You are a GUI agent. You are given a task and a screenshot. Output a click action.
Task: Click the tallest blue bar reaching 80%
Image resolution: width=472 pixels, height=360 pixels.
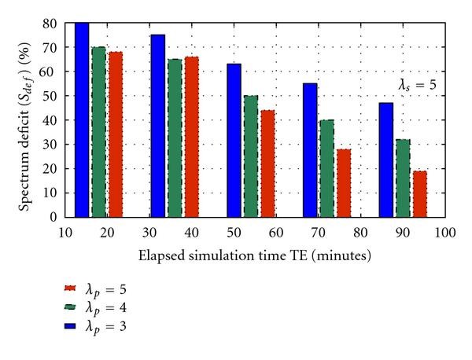click(82, 119)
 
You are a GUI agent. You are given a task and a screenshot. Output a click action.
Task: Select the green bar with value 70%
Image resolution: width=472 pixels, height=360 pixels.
click(98, 132)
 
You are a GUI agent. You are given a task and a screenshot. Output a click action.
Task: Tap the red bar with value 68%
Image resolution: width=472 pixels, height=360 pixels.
click(116, 134)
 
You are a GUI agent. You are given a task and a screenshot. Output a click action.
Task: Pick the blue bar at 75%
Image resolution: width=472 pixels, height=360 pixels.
click(157, 126)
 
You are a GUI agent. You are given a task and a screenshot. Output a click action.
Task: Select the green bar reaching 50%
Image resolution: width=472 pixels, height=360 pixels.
click(251, 156)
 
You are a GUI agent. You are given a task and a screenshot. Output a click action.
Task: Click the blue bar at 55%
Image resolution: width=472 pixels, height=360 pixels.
click(309, 149)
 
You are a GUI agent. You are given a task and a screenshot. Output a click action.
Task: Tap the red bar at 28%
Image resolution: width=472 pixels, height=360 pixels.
click(343, 182)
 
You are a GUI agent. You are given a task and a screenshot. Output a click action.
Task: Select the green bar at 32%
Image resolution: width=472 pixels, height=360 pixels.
click(402, 178)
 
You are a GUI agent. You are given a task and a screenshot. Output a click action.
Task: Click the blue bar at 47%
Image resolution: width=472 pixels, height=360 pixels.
click(385, 160)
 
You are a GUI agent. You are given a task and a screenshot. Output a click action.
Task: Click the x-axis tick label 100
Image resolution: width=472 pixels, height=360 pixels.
click(445, 232)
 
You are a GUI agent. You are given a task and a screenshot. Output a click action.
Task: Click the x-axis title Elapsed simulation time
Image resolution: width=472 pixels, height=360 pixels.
click(254, 255)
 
